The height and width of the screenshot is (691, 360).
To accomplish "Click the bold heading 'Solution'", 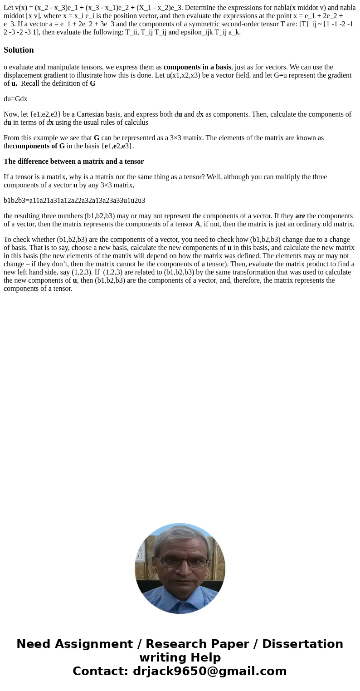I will [x=19, y=50].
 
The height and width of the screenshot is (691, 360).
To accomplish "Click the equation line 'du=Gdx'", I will [x=15, y=98].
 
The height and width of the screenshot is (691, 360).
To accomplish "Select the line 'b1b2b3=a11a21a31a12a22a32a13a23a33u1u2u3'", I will [x=74, y=200].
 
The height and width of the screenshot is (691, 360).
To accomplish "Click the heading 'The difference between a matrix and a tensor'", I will [x=73, y=161].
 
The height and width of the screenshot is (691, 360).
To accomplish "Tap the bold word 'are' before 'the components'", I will [x=300, y=216].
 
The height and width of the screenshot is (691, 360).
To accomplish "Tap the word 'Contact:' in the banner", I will [x=101, y=671].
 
